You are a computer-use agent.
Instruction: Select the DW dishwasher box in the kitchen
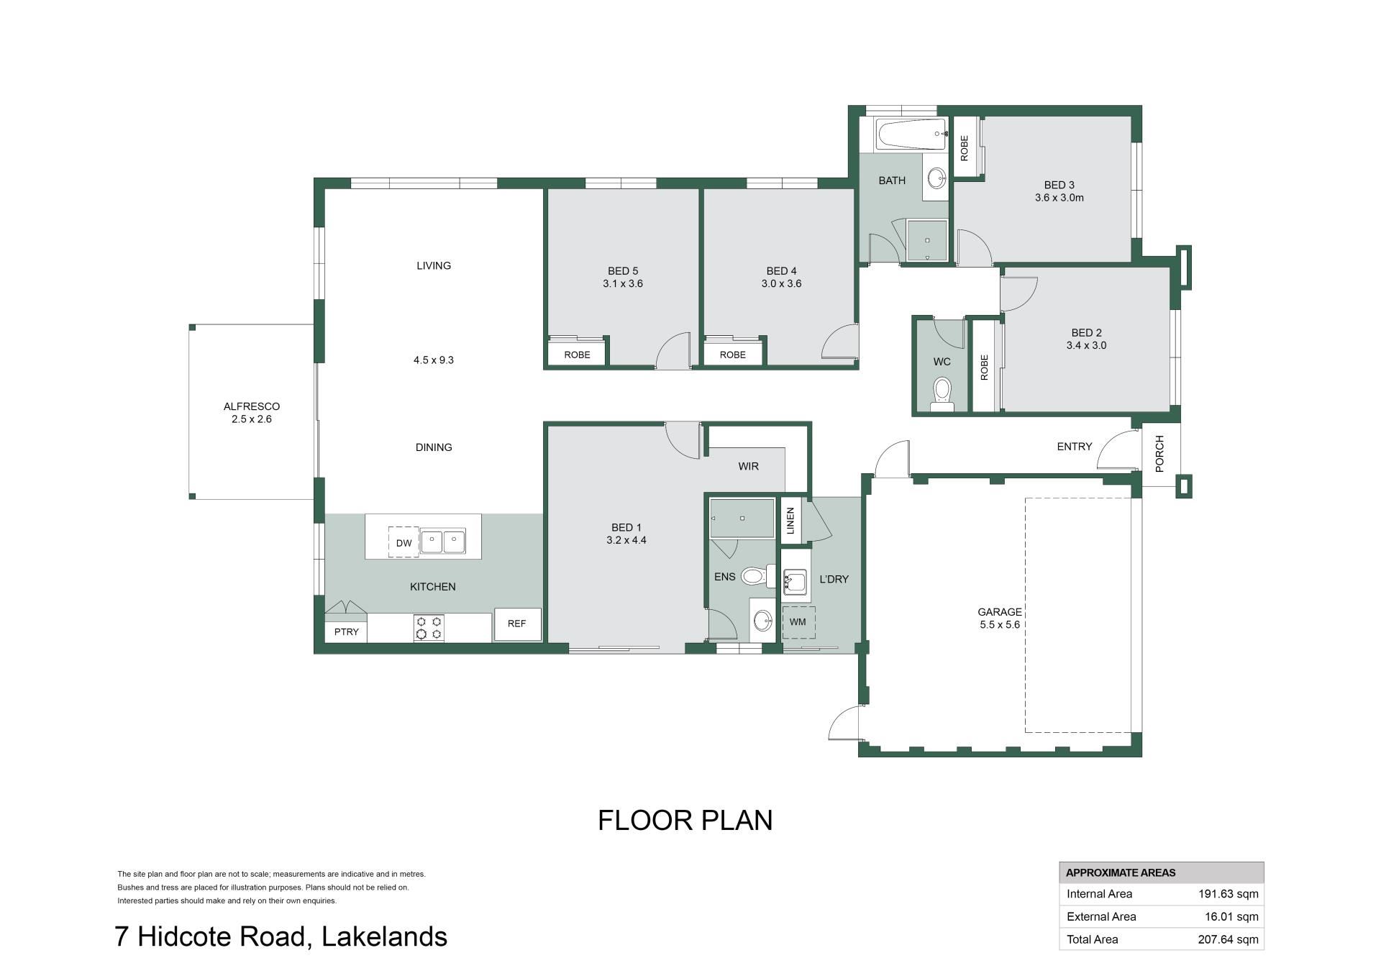pyautogui.click(x=404, y=542)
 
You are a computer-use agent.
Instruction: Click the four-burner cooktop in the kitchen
pyautogui.click(x=428, y=627)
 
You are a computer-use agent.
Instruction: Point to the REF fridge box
pyautogui.click(x=517, y=624)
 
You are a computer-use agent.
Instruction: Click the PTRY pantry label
pyautogui.click(x=346, y=631)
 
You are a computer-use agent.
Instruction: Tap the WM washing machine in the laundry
pyautogui.click(x=798, y=622)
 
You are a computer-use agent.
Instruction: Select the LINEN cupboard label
pyautogui.click(x=790, y=521)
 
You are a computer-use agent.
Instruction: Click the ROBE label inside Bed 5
pyautogui.click(x=577, y=355)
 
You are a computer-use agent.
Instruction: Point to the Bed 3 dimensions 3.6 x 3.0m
pyautogui.click(x=1059, y=198)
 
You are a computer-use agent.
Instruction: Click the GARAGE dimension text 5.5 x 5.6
pyautogui.click(x=999, y=625)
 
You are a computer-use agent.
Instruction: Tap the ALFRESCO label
pyautogui.click(x=251, y=406)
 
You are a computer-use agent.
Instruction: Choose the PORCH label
pyautogui.click(x=1159, y=454)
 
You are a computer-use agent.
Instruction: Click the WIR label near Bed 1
pyautogui.click(x=748, y=466)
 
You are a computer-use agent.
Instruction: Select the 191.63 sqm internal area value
pyautogui.click(x=1229, y=894)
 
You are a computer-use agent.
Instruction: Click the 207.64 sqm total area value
pyautogui.click(x=1229, y=939)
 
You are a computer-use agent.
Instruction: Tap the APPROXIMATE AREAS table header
pyautogui.click(x=1121, y=873)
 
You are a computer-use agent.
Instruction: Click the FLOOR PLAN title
pyautogui.click(x=685, y=821)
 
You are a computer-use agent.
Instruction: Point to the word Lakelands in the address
pyautogui.click(x=385, y=936)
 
